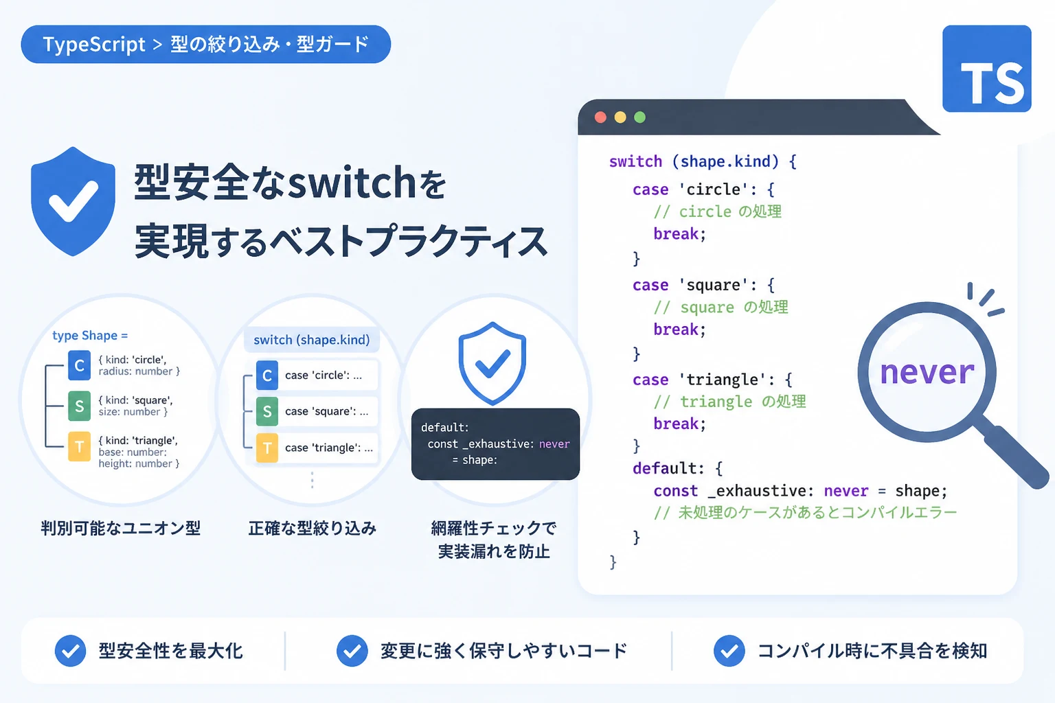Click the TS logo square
(987, 69)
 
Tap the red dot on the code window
(600, 117)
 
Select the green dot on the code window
(639, 117)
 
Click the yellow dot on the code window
(620, 117)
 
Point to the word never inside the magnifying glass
(927, 373)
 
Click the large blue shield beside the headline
(73, 202)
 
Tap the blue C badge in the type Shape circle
(79, 365)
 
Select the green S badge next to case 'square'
(267, 411)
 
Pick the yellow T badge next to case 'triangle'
(267, 448)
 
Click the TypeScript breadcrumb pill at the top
(206, 44)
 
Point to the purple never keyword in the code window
(846, 491)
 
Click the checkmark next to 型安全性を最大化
(70, 651)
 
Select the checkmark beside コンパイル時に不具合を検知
(729, 651)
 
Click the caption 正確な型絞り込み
(313, 529)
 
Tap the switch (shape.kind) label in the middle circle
(312, 340)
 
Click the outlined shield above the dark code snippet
(492, 363)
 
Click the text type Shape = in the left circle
(90, 335)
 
